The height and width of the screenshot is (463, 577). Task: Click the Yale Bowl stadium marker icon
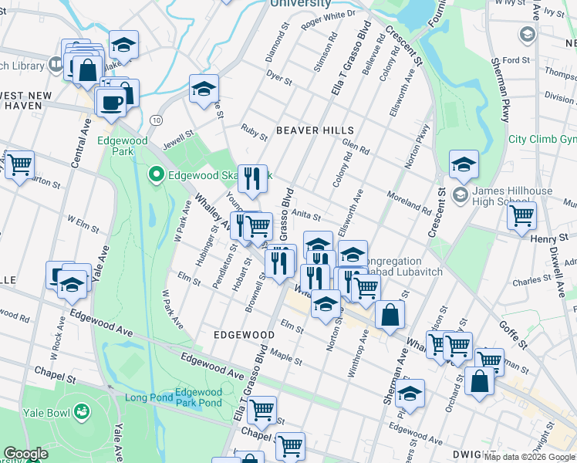coord(80,414)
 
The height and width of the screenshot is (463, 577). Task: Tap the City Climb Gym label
coord(542,140)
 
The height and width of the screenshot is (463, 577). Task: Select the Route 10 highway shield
coord(157,120)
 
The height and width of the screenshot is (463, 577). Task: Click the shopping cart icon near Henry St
coord(522,215)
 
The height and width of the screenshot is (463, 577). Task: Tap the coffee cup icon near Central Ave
coord(111,102)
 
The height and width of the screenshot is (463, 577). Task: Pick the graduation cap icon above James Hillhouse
coord(464,164)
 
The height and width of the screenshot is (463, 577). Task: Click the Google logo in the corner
coord(25,454)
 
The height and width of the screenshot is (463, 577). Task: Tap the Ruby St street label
coord(254,132)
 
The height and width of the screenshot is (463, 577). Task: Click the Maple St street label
coord(285,359)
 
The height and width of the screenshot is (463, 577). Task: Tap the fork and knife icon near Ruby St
coord(251,179)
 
